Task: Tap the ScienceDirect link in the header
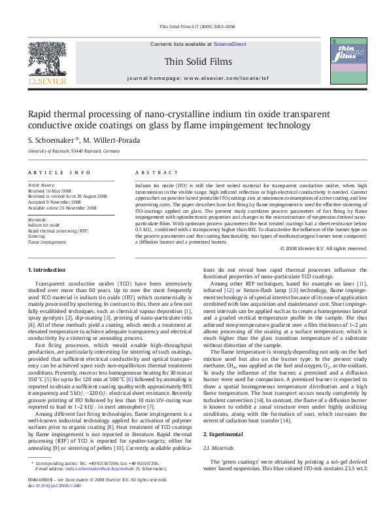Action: pyautogui.click(x=230, y=43)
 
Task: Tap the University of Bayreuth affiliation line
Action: pyautogui.click(x=74, y=151)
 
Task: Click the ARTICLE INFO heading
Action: pyautogui.click(x=59, y=173)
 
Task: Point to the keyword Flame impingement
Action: pyautogui.click(x=47, y=242)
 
